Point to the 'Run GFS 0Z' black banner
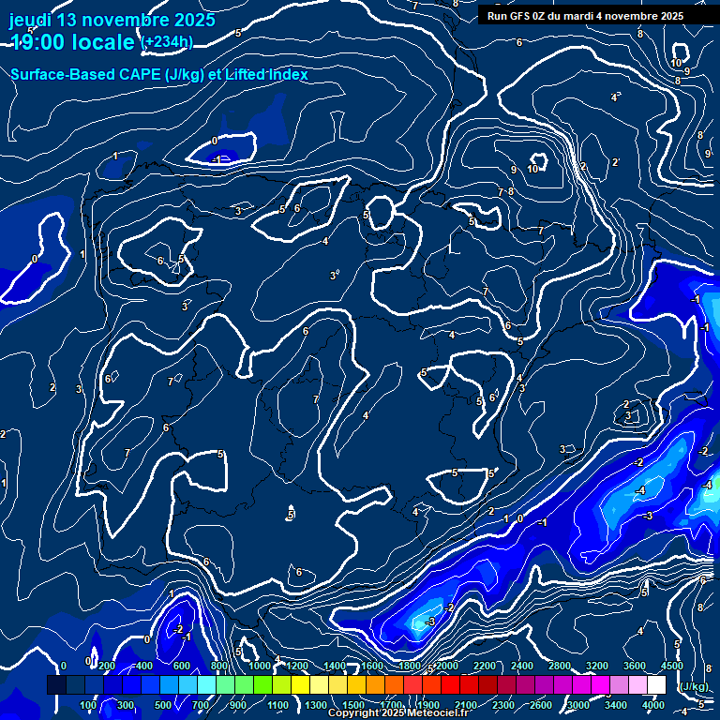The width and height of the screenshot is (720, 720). click(585, 16)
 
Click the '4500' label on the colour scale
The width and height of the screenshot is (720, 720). click(671, 666)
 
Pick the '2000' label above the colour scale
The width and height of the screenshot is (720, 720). click(446, 666)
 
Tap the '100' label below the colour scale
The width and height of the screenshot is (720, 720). click(88, 705)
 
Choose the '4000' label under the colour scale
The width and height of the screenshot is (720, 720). click(653, 705)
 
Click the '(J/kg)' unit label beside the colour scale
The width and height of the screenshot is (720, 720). click(693, 686)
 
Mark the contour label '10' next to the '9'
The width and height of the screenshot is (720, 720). click(532, 169)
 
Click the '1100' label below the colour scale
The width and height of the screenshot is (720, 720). click(277, 705)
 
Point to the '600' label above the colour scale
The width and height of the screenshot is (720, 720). click(182, 666)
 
